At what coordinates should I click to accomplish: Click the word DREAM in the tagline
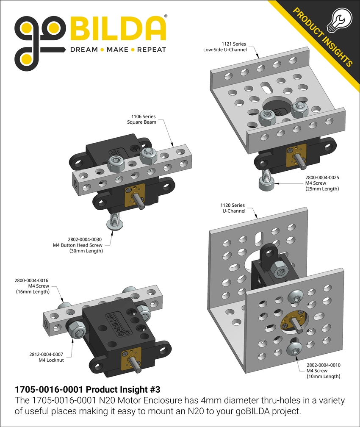tap(84, 50)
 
